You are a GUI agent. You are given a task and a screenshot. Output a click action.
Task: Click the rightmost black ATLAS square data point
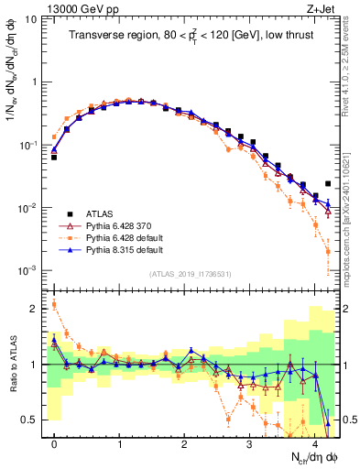[x=328, y=183]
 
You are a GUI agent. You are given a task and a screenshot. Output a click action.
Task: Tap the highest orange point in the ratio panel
[x=54, y=304]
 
